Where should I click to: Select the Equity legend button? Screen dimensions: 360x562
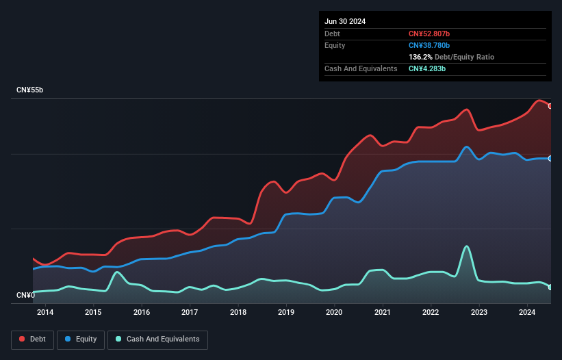[x=81, y=339]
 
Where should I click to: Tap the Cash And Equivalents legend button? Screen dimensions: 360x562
[x=157, y=339]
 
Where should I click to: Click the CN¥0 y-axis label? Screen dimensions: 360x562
[x=25, y=296]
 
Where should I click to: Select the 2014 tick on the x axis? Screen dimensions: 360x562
[x=45, y=313]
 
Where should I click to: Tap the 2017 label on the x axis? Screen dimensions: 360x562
[x=190, y=313]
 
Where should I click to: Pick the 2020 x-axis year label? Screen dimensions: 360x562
[x=334, y=313]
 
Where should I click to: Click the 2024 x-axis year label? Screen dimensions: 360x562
[x=527, y=313]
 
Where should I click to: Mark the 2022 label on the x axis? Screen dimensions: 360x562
[x=431, y=313]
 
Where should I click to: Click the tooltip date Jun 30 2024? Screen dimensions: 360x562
[x=345, y=21]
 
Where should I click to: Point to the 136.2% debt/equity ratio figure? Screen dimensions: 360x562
[x=420, y=57]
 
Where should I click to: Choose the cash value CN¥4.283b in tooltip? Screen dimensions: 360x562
[x=427, y=69]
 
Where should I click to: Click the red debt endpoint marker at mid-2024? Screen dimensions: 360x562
[x=550, y=106]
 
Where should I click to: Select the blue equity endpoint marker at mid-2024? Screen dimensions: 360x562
[x=550, y=158]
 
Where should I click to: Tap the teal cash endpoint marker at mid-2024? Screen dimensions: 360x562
[x=550, y=287]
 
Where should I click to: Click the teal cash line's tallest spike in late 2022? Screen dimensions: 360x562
[x=467, y=246]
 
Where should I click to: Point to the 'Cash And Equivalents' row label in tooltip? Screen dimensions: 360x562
[x=361, y=69]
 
